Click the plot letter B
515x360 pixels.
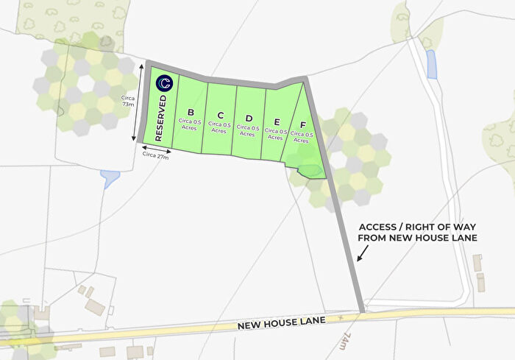tap(191, 113)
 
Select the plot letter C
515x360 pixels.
tap(219, 116)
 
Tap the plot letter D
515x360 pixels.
tap(249, 119)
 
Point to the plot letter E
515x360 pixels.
tap(276, 122)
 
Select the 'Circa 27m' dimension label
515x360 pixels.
tap(155, 155)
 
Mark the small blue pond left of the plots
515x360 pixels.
tap(111, 177)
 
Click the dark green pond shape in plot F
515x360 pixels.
tap(310, 171)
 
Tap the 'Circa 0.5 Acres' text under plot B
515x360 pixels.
tap(191, 125)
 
